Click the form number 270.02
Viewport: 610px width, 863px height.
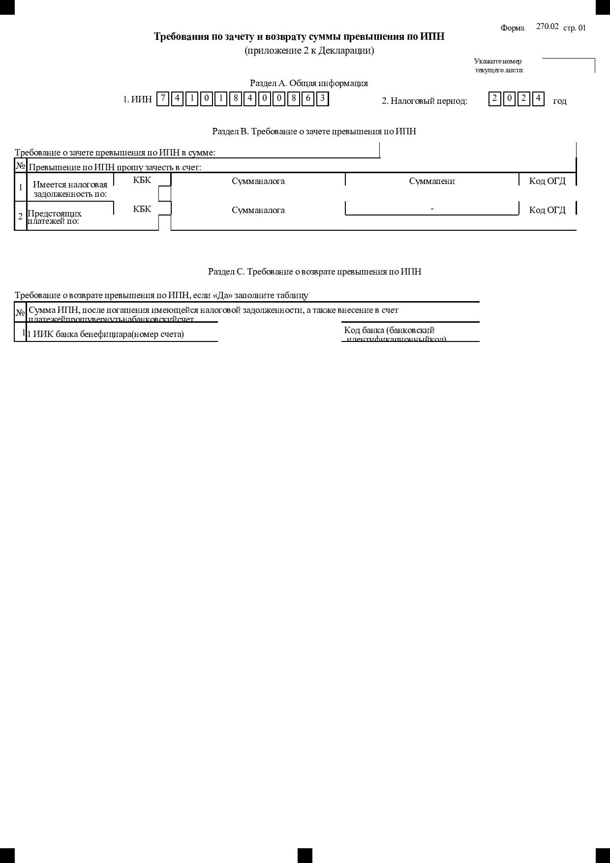547,27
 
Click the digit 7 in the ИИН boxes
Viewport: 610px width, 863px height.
163,99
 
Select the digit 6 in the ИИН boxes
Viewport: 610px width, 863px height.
307,99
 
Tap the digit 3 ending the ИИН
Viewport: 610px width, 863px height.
322,99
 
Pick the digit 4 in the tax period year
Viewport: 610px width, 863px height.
538,99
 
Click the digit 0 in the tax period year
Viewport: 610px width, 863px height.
509,99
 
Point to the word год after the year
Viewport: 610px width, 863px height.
560,101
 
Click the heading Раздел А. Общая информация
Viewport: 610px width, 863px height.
308,83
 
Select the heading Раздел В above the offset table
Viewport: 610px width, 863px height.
314,131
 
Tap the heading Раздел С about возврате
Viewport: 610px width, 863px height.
314,272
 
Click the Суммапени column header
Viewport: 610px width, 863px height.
431,181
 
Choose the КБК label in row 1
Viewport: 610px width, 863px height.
142,181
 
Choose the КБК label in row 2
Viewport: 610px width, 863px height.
142,209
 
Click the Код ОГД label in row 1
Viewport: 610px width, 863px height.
547,181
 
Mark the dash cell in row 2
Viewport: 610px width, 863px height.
432,209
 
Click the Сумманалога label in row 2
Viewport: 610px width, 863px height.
258,210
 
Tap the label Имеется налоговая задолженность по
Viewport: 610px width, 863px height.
70,189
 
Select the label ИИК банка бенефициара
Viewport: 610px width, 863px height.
105,335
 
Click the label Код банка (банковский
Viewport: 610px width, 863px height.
389,330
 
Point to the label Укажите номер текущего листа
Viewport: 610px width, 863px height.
498,65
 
